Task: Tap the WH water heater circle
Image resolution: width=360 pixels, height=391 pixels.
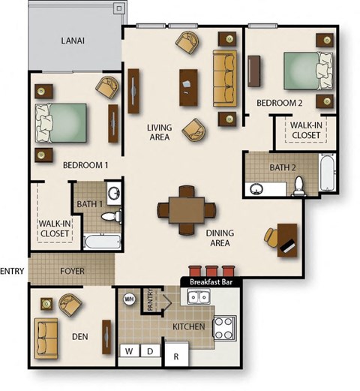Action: pyautogui.click(x=127, y=298)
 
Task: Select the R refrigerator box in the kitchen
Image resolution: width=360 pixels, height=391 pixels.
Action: pyautogui.click(x=176, y=354)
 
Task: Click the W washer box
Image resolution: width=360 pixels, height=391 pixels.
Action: pyautogui.click(x=128, y=350)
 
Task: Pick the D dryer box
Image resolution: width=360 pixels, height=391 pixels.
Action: pyautogui.click(x=149, y=350)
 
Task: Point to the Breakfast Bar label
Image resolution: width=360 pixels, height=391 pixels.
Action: pyautogui.click(x=212, y=281)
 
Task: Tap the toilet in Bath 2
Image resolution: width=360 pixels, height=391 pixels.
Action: pyautogui.click(x=298, y=185)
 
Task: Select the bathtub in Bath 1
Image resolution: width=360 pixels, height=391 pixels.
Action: pyautogui.click(x=101, y=242)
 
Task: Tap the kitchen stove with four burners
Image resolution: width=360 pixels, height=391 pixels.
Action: pyautogui.click(x=224, y=325)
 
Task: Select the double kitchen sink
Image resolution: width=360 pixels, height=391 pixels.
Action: pyautogui.click(x=199, y=297)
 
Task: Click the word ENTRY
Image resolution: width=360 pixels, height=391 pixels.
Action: pyautogui.click(x=12, y=271)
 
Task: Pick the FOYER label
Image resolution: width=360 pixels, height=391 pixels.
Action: pyautogui.click(x=72, y=271)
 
